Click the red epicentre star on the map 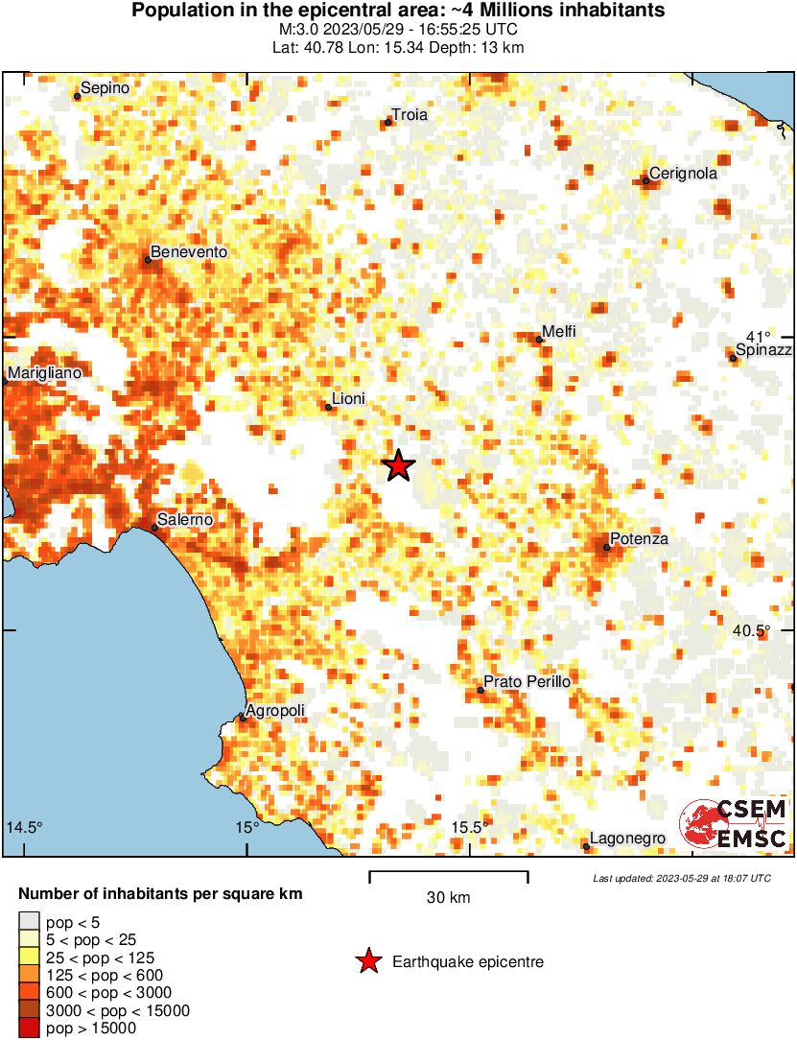(399, 466)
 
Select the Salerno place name (185, 519)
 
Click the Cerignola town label (683, 175)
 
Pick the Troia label (410, 115)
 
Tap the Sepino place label (105, 88)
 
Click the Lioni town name (348, 399)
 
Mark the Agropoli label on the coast (275, 711)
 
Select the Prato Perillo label (527, 681)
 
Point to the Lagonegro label (627, 839)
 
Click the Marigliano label (45, 372)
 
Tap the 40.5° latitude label (752, 630)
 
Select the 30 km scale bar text (448, 898)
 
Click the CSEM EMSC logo (734, 824)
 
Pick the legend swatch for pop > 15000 (28, 1028)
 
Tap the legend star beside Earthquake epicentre (367, 961)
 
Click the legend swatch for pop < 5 (28, 922)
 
